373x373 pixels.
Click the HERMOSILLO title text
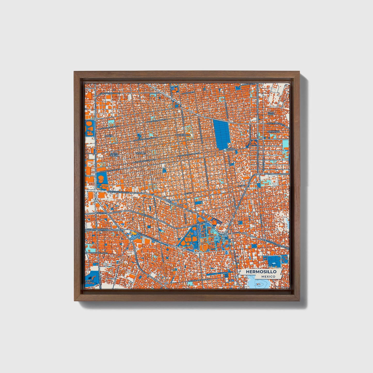pos(261,272)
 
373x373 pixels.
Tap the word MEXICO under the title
pos(268,276)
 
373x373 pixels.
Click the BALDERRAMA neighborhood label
pos(183,135)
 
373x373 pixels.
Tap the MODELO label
pos(231,149)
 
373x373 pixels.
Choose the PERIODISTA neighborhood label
pos(274,131)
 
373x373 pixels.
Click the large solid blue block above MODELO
pos(222,134)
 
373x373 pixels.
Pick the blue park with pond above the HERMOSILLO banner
pos(274,261)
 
